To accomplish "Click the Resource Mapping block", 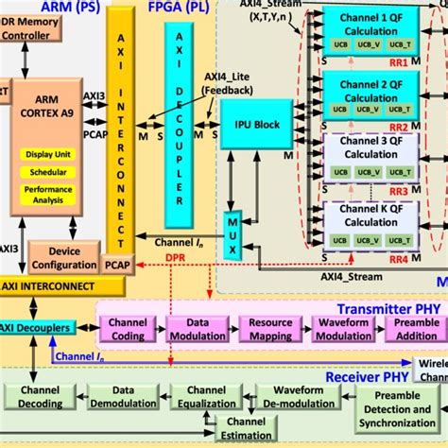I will pyautogui.click(x=271, y=328).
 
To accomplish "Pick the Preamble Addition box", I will pyautogui.click(x=416, y=328).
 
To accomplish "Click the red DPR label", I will pyautogui.click(x=177, y=256).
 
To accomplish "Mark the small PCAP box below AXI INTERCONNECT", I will pyautogui.click(x=117, y=267).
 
